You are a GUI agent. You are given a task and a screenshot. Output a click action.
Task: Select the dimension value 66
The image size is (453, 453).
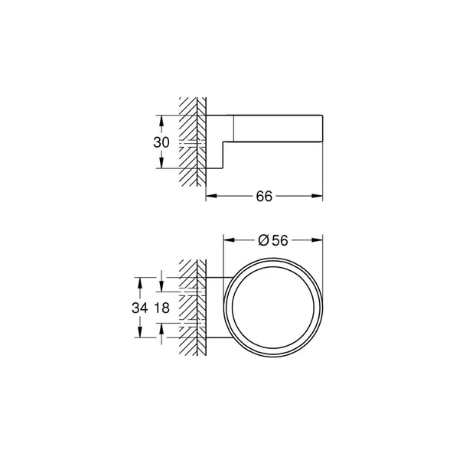(265, 196)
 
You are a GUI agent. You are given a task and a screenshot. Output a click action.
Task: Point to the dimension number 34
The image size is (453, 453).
(139, 308)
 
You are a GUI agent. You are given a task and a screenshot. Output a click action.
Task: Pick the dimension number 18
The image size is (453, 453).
(161, 308)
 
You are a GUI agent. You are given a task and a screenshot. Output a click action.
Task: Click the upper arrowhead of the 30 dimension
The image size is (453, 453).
(161, 119)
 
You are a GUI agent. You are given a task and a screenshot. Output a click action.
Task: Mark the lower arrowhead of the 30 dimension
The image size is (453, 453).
(161, 165)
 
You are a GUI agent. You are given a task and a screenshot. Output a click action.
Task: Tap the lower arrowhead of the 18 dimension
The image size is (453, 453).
(161, 328)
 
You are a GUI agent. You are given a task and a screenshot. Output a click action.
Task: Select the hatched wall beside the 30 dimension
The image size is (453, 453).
(192, 142)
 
